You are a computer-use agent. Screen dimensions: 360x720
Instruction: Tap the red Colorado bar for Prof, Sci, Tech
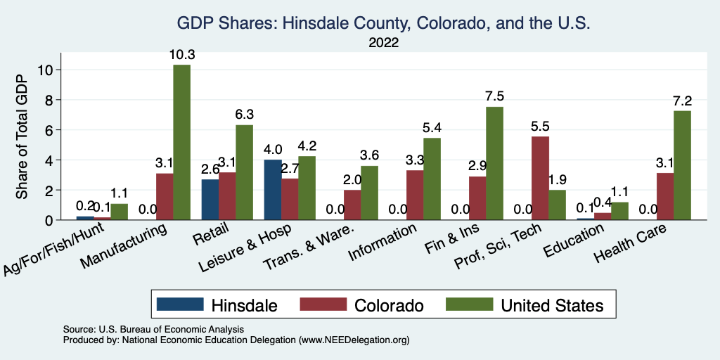tap(541, 178)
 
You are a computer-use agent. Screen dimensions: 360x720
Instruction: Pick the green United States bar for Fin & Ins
tap(495, 163)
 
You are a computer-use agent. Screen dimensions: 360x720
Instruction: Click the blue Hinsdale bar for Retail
tap(210, 200)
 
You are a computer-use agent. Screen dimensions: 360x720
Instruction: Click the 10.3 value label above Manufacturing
tap(181, 53)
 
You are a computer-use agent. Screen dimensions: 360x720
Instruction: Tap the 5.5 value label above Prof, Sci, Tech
tap(541, 126)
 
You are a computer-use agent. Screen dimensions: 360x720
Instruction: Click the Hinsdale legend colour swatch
tap(179, 304)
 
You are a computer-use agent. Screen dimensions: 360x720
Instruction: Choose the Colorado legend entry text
tap(389, 305)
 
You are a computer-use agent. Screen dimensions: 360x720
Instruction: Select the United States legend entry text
tap(552, 305)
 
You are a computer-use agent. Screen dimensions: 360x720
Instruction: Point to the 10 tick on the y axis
tap(46, 70)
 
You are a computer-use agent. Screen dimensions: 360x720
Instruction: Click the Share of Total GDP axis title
tap(22, 136)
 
